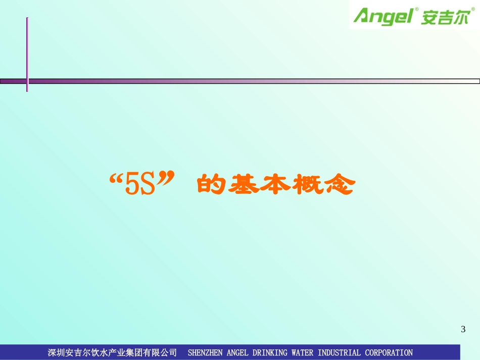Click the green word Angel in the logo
383,16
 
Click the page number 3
463,330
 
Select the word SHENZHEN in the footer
205,352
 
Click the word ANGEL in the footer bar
237,352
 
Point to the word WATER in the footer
303,352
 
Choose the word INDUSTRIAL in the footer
339,352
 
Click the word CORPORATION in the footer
389,352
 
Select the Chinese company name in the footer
112,352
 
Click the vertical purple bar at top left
27,54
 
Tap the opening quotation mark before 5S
117,180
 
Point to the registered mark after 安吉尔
473,9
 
